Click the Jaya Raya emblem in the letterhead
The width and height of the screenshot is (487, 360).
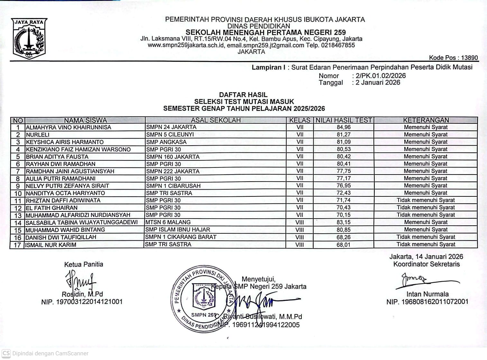(x=30, y=39)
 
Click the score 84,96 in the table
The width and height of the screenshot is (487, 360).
(x=344, y=127)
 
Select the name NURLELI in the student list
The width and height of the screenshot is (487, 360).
(x=38, y=135)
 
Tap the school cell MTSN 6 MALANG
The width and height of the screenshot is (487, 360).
(x=168, y=222)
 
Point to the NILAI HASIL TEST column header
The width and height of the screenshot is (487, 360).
(x=344, y=120)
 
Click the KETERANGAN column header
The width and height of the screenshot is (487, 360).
(x=426, y=120)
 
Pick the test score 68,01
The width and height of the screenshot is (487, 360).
(x=344, y=245)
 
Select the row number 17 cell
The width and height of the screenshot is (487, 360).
(x=18, y=245)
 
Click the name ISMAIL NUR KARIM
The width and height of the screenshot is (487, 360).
(x=51, y=245)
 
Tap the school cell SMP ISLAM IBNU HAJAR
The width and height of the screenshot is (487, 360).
(x=178, y=230)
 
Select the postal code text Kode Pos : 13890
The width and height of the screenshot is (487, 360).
(x=453, y=58)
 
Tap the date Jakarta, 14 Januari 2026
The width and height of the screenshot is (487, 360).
(x=426, y=256)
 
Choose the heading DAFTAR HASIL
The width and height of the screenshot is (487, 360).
(x=243, y=95)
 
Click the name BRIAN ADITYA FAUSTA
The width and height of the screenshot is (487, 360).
(x=57, y=157)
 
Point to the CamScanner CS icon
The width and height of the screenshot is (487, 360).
(x=6, y=353)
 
